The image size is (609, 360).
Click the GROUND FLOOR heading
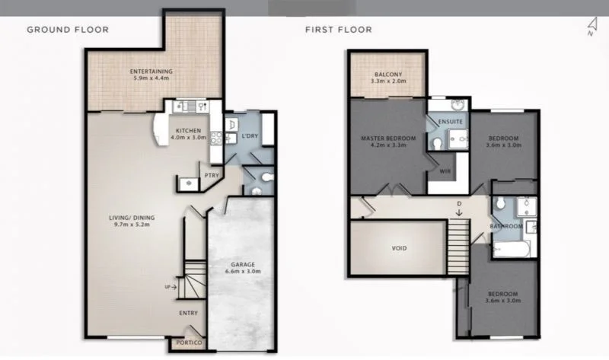[68, 30]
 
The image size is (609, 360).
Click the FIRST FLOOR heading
[338, 30]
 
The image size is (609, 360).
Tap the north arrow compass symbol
[590, 29]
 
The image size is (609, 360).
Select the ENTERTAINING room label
[152, 72]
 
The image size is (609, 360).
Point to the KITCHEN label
[188, 130]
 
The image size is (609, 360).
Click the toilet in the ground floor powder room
[258, 178]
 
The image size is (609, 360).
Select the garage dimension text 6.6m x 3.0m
[242, 271]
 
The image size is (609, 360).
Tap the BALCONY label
[387, 74]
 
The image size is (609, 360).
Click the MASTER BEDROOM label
[388, 138]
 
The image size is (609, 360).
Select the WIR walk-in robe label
[445, 171]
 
